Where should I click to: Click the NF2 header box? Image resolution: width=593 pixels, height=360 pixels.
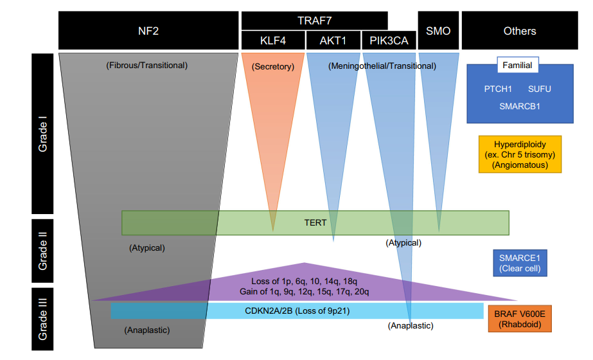coord(148,30)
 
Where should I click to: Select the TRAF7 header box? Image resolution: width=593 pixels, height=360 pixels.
coord(314,21)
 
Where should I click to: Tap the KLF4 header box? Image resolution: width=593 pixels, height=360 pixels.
coord(272,40)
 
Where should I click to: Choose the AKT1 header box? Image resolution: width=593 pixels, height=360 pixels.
coord(333,40)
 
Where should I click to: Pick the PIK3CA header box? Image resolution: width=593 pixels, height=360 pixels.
coord(389,40)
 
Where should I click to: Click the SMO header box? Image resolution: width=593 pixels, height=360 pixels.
coord(438,30)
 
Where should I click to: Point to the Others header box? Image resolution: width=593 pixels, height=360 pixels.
coord(520,30)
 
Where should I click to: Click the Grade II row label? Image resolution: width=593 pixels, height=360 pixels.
coord(42,251)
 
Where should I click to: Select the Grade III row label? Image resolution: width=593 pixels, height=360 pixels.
coord(42,319)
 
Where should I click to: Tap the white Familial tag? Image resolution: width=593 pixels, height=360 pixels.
coord(517,65)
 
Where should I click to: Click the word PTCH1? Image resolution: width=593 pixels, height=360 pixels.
coord(498,89)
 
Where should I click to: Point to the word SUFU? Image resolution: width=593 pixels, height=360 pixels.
coord(539,89)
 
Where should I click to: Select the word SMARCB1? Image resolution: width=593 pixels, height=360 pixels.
coord(520,106)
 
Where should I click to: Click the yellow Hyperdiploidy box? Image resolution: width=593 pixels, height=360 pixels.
coord(520,154)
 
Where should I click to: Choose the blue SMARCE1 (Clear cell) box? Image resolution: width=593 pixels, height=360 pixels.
coord(520,263)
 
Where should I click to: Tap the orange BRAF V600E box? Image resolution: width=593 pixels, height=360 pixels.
coord(520,319)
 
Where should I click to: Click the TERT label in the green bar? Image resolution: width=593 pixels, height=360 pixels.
coord(315,222)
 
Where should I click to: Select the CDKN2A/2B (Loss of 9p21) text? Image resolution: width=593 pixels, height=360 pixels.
coord(297,310)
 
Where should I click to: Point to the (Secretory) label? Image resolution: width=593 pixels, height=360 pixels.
coord(272,67)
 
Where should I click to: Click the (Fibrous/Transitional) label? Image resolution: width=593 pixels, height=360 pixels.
coord(146,65)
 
